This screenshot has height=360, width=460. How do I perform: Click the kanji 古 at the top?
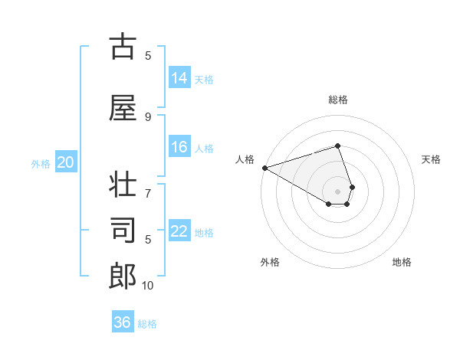point(123,47)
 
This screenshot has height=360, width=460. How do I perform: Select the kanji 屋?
point(123,108)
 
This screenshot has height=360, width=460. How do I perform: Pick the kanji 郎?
point(123,277)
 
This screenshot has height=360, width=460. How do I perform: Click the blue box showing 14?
point(179,78)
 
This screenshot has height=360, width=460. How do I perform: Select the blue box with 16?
point(179,148)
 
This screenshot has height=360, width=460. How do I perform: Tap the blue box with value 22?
point(179,231)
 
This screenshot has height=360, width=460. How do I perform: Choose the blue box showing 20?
point(66,162)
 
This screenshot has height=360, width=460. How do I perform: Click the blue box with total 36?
point(123,322)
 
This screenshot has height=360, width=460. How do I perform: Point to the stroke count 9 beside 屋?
point(148,116)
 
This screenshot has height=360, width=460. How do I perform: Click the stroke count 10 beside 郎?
point(148,286)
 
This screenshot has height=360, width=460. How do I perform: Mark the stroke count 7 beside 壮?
point(148,185)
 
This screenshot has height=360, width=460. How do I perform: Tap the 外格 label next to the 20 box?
point(41,163)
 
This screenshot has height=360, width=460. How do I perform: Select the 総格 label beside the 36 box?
point(147,324)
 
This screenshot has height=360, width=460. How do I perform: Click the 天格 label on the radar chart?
point(432,159)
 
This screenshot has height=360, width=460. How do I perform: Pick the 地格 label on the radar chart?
point(402,262)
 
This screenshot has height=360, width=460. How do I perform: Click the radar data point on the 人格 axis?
point(264,168)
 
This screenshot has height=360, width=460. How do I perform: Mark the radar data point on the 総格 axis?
point(337,146)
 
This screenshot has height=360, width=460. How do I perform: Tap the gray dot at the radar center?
point(337,191)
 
